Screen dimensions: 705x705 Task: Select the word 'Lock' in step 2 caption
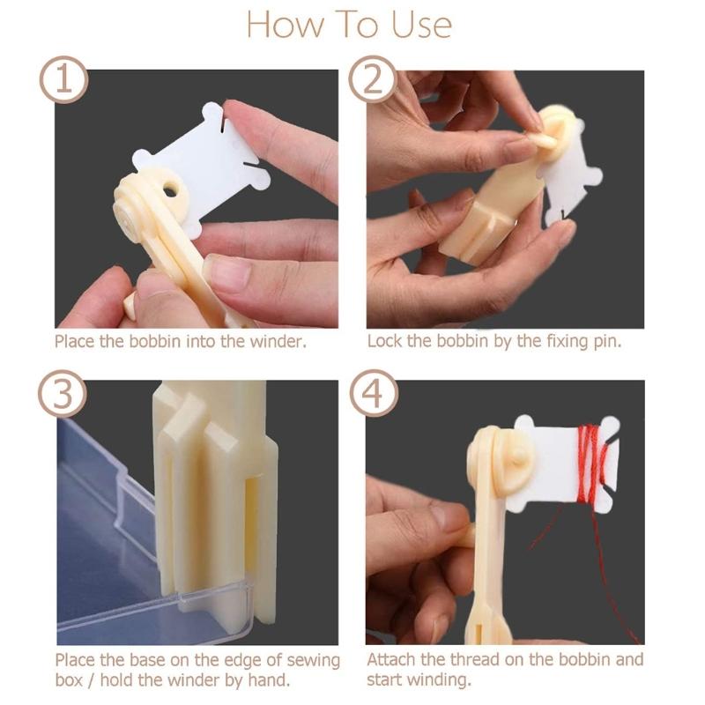pos(384,342)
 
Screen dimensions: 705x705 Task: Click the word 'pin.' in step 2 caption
pos(605,342)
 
